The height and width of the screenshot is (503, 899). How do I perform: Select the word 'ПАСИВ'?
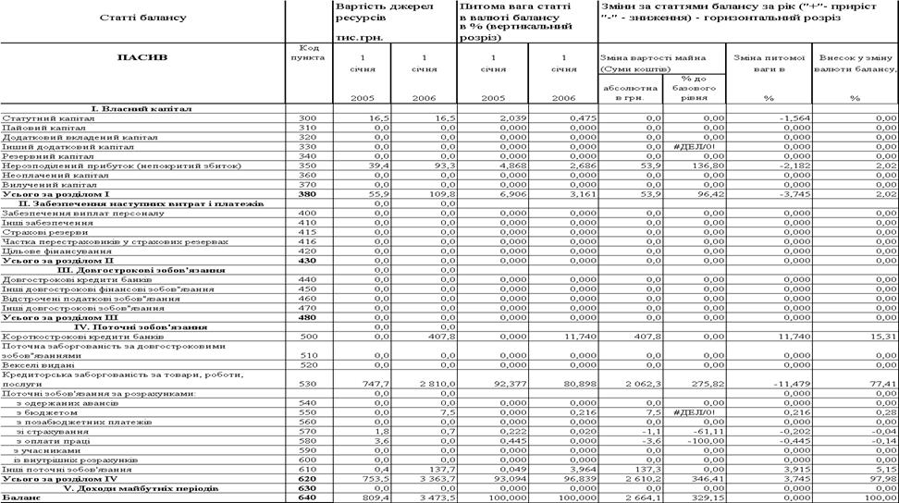(x=142, y=56)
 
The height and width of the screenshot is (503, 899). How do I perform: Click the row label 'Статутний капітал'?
(x=36, y=118)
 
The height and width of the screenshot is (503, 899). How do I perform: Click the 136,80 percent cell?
(x=710, y=166)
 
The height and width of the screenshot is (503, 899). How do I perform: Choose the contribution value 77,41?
(x=883, y=384)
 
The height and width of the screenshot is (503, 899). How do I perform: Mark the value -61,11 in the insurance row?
(x=710, y=431)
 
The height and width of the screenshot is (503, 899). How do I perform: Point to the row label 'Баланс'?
(x=18, y=497)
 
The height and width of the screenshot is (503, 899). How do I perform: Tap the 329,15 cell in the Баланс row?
(x=709, y=497)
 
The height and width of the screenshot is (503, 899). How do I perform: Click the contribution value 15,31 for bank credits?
(x=883, y=336)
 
